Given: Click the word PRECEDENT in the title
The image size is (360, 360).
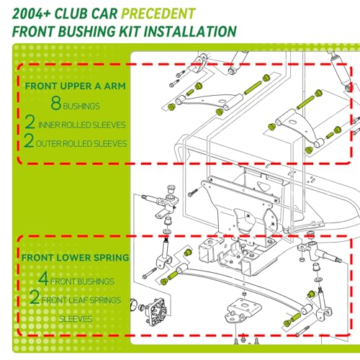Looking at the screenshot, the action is (158, 14).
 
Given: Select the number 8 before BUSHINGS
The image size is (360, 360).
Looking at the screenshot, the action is (56, 103).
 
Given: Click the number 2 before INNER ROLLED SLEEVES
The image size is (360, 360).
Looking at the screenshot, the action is (30, 122).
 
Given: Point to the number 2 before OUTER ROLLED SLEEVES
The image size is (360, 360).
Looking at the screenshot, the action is (29, 140).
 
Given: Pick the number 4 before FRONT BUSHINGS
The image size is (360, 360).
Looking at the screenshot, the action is (43, 278).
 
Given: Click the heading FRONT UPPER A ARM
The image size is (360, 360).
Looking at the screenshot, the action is (76, 86).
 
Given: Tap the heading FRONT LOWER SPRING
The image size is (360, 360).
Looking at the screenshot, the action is (76, 258).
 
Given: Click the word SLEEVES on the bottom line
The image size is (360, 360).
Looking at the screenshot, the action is (76, 319).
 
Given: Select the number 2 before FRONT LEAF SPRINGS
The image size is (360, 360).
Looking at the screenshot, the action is (35, 297).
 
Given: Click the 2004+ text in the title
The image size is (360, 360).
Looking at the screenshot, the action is (32, 14).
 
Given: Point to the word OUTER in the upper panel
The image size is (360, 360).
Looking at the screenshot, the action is (48, 144).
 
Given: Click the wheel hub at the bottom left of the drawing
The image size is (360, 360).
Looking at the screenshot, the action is (156, 311).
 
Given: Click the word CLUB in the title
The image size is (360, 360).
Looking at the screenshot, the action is (71, 14).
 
